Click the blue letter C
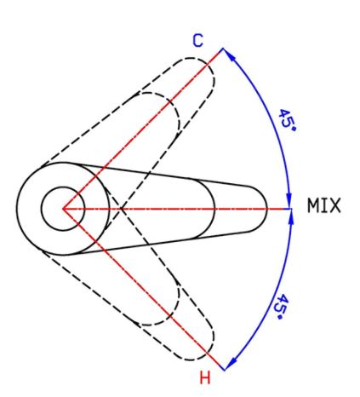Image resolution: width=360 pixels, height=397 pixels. pyautogui.click(x=197, y=41)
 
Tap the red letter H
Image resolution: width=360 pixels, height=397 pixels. pyautogui.click(x=205, y=377)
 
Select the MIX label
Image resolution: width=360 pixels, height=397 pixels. pyautogui.click(x=323, y=205)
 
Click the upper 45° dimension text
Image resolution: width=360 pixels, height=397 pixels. pyautogui.click(x=287, y=119)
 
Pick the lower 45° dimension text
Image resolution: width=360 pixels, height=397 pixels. pyautogui.click(x=283, y=307)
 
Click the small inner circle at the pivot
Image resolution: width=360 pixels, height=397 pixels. pyautogui.click(x=63, y=187)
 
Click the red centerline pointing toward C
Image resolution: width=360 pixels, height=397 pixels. pyautogui.click(x=143, y=129)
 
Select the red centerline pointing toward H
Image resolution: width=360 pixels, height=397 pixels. pyautogui.click(x=143, y=289)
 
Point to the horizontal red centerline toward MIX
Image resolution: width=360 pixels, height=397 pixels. pyautogui.click(x=173, y=209)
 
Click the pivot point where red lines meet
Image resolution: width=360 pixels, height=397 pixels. pyautogui.click(x=63, y=209)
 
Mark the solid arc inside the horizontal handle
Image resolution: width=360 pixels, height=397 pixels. pyautogui.click(x=214, y=209)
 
